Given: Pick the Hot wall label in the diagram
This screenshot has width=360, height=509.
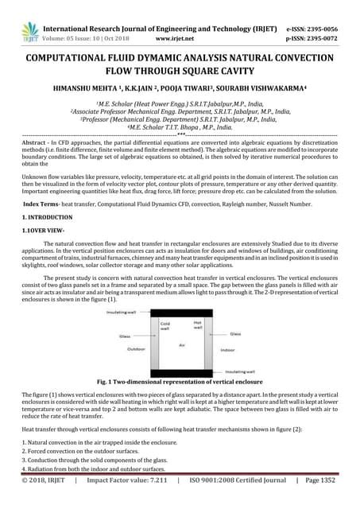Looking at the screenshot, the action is click(197, 324).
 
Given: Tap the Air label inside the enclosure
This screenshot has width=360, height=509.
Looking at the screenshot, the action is click(181, 344).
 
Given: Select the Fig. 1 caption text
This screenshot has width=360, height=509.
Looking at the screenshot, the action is click(180, 382).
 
